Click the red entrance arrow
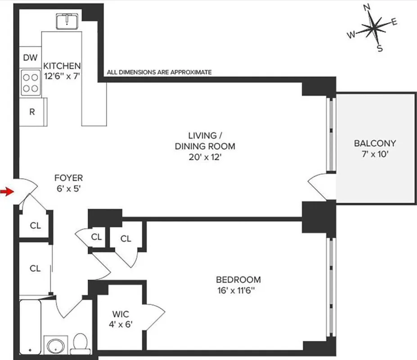point(6,192)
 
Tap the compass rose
point(373,29)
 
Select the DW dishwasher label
point(30,57)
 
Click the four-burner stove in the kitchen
point(30,83)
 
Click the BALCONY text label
point(375,144)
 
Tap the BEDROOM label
point(238,279)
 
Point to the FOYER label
point(68,178)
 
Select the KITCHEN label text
point(62,66)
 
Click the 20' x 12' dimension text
point(205,157)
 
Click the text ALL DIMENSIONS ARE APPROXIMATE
point(159,72)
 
